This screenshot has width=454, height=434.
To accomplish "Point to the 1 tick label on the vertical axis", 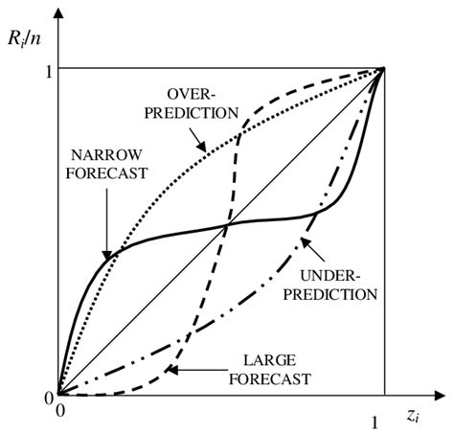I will [45, 70].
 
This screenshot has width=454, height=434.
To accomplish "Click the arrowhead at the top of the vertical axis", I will [58, 11].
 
